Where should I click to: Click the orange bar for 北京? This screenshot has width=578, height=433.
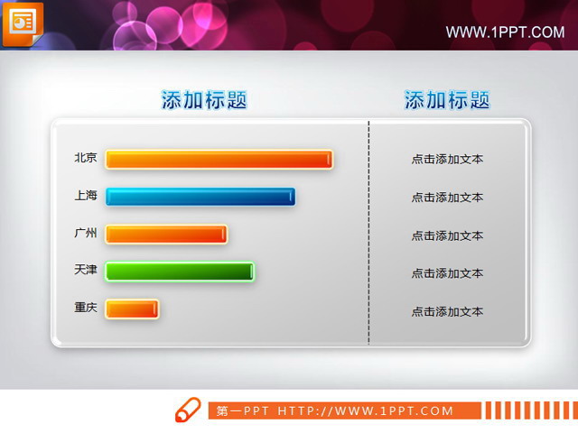click(x=219, y=160)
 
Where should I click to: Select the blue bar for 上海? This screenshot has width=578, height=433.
click(x=200, y=197)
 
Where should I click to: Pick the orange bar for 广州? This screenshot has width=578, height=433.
click(x=166, y=235)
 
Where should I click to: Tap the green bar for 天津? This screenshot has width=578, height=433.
click(x=180, y=272)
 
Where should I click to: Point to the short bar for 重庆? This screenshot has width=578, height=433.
click(x=132, y=309)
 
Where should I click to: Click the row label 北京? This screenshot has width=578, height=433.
click(x=86, y=157)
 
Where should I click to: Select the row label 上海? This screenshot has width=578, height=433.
click(x=86, y=195)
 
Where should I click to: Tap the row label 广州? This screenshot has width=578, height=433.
click(x=86, y=233)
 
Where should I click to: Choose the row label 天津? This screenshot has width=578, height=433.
click(x=86, y=270)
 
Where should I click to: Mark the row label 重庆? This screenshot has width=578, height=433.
click(x=86, y=308)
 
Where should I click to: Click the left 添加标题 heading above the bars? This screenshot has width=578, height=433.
click(x=204, y=100)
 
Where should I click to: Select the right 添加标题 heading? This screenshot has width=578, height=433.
click(x=447, y=100)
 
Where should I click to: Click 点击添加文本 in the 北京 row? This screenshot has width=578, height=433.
click(x=447, y=160)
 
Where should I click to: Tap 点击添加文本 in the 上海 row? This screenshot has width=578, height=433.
click(x=447, y=198)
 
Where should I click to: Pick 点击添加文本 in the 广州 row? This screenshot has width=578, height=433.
click(x=447, y=235)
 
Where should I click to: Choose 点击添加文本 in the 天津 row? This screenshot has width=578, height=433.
click(x=447, y=273)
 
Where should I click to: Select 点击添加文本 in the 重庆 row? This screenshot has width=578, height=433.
click(x=447, y=312)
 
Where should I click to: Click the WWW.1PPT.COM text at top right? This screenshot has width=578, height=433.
click(x=505, y=32)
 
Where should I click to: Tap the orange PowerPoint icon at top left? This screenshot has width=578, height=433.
click(x=22, y=23)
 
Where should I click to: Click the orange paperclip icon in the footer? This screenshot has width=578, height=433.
click(x=187, y=409)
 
